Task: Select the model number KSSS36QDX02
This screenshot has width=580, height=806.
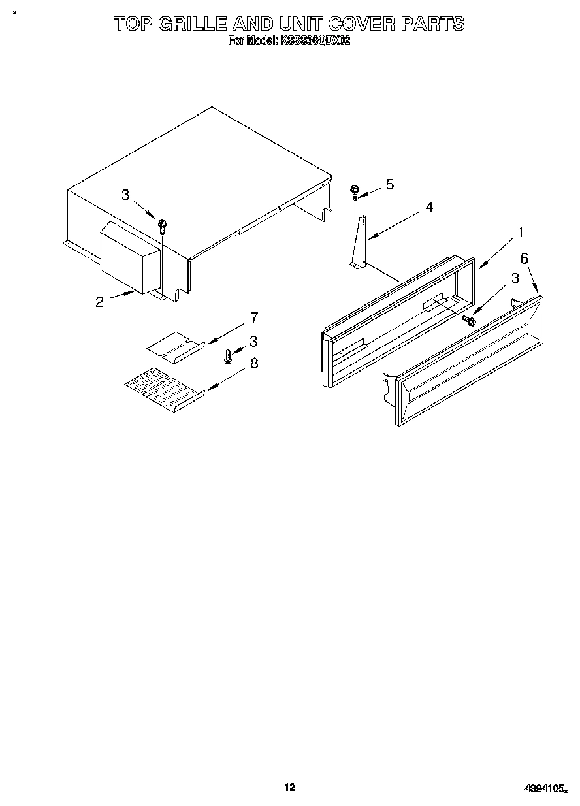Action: [x=315, y=40]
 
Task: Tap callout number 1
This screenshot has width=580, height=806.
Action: [x=521, y=232]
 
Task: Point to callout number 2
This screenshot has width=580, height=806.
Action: [x=99, y=302]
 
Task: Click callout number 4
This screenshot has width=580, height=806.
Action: [x=429, y=207]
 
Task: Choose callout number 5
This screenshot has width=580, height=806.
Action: [x=390, y=184]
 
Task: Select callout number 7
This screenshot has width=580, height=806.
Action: [x=254, y=318]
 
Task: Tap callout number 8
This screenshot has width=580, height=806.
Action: [x=254, y=363]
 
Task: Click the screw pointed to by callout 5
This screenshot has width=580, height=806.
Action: [x=355, y=191]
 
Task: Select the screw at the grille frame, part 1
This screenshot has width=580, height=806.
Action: [x=468, y=320]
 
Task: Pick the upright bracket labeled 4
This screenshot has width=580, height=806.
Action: [x=359, y=242]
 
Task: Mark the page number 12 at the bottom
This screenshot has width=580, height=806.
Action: [x=290, y=787]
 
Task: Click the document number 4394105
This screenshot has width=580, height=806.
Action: [x=544, y=788]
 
